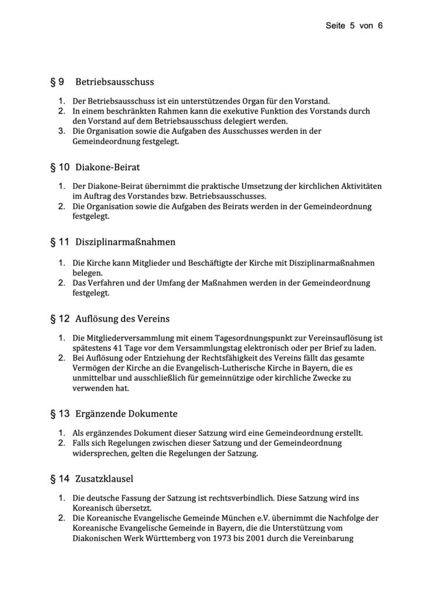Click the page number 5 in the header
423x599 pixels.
[353, 26]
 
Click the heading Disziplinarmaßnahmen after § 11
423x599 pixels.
[126, 241]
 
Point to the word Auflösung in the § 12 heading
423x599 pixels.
[95, 319]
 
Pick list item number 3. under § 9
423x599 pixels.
[61, 131]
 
